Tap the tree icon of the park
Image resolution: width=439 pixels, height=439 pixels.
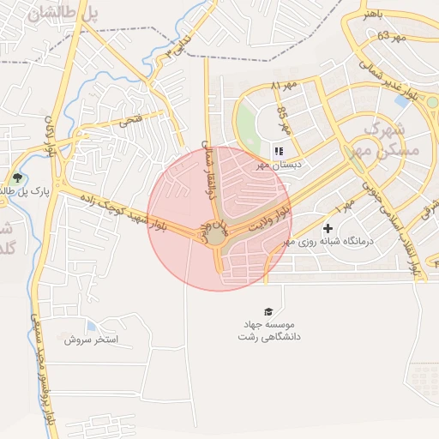17,179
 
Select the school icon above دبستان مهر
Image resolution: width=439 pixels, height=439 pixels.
279,151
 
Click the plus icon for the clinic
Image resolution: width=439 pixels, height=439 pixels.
328,229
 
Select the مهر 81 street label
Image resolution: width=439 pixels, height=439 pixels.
282,87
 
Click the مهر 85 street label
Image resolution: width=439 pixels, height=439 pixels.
284,122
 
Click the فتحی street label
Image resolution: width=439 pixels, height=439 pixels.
131,120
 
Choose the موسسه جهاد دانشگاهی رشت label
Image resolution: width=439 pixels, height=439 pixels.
266,332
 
